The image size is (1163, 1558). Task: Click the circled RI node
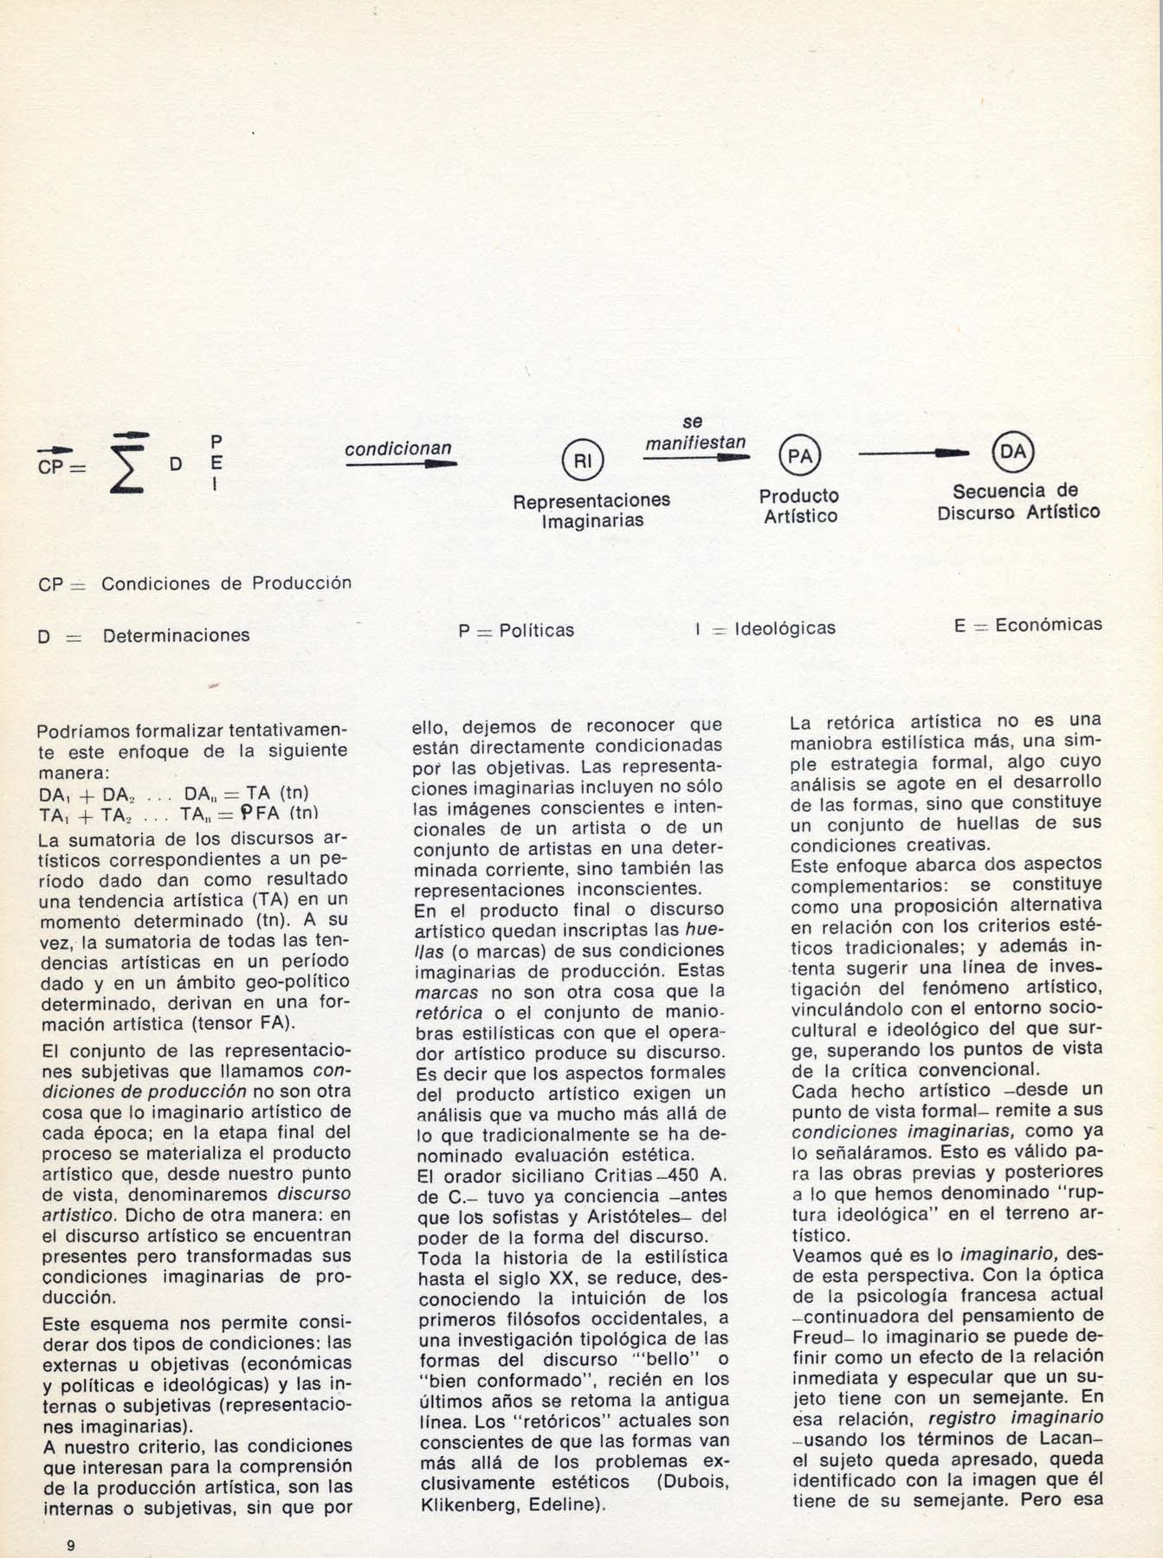click(583, 461)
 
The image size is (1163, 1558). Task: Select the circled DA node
click(1013, 450)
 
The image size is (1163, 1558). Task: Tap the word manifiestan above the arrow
click(695, 442)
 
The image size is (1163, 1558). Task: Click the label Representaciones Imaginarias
click(591, 511)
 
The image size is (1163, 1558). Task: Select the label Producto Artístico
click(799, 506)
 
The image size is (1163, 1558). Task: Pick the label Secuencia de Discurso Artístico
click(1018, 501)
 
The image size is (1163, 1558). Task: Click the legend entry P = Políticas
click(516, 630)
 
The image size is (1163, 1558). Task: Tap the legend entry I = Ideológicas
click(766, 628)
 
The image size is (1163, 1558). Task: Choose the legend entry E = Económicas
click(1028, 624)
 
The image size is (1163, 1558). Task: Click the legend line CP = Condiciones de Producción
click(195, 583)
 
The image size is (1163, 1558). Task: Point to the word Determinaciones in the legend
click(176, 635)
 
